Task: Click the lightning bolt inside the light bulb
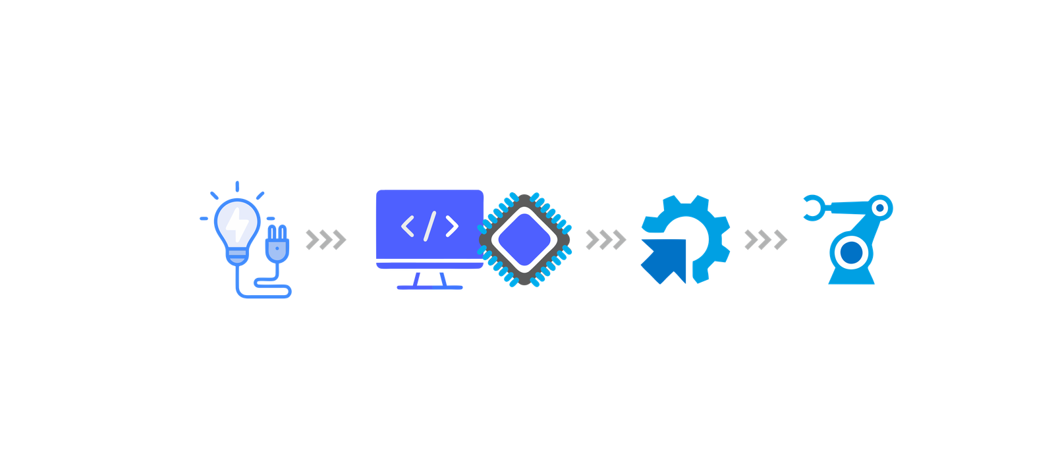238,223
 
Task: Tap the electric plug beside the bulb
277,244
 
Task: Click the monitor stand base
430,287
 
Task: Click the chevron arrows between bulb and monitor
325,240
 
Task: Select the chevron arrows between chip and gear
605,240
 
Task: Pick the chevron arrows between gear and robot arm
765,240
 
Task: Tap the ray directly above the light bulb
237,186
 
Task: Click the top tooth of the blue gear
686,200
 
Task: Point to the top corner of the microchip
524,197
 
